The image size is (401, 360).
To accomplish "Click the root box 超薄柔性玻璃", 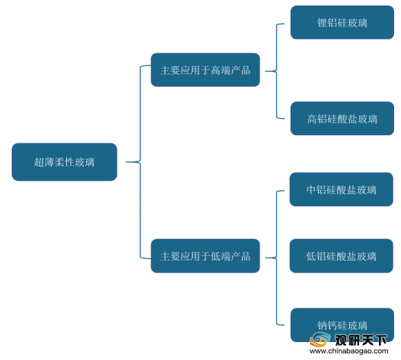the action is click(64, 162).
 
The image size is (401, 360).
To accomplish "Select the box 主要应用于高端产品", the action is click(206, 70).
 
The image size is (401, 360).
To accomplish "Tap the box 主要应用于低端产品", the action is click(206, 256).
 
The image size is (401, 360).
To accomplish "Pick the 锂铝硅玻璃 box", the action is click(342, 23).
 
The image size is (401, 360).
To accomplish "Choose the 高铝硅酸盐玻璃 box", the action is click(342, 119).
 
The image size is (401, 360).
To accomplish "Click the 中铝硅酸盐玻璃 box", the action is click(341, 190).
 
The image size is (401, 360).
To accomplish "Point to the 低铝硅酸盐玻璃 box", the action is click(341, 256).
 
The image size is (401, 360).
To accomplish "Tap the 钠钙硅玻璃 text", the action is click(342, 326).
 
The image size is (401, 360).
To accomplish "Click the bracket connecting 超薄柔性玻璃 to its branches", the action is click(140, 162).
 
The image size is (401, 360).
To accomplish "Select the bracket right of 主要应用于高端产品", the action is click(277, 71).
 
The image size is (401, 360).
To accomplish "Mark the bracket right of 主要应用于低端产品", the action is click(277, 258).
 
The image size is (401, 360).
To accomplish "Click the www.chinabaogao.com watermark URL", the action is click(349, 351).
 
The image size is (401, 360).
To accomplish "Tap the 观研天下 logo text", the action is click(361, 340).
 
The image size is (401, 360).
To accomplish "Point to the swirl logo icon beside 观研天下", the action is click(319, 339).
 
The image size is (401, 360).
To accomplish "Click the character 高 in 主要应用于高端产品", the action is click(216, 70).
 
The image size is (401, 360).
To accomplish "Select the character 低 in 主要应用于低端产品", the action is click(216, 257).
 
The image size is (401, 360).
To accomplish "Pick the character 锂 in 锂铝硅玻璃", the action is click(322, 23).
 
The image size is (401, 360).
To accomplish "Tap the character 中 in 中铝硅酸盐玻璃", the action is click(311, 190).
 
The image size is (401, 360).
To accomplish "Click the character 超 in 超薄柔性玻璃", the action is click(39, 162).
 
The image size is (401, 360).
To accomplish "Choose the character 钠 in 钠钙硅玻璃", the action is click(322, 326).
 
